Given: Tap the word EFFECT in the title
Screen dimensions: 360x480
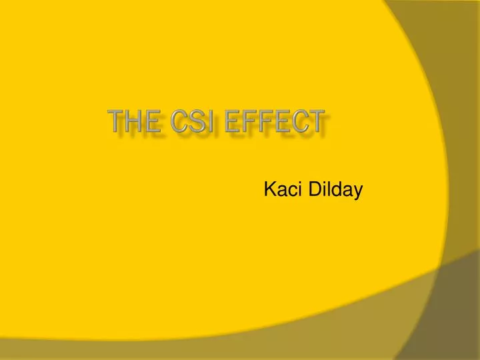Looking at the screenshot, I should click(x=278, y=124).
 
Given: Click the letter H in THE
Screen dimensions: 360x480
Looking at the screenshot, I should click(x=135, y=124).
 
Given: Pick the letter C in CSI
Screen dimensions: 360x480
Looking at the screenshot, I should click(x=179, y=124).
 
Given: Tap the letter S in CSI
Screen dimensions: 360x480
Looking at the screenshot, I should click(x=199, y=124).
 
